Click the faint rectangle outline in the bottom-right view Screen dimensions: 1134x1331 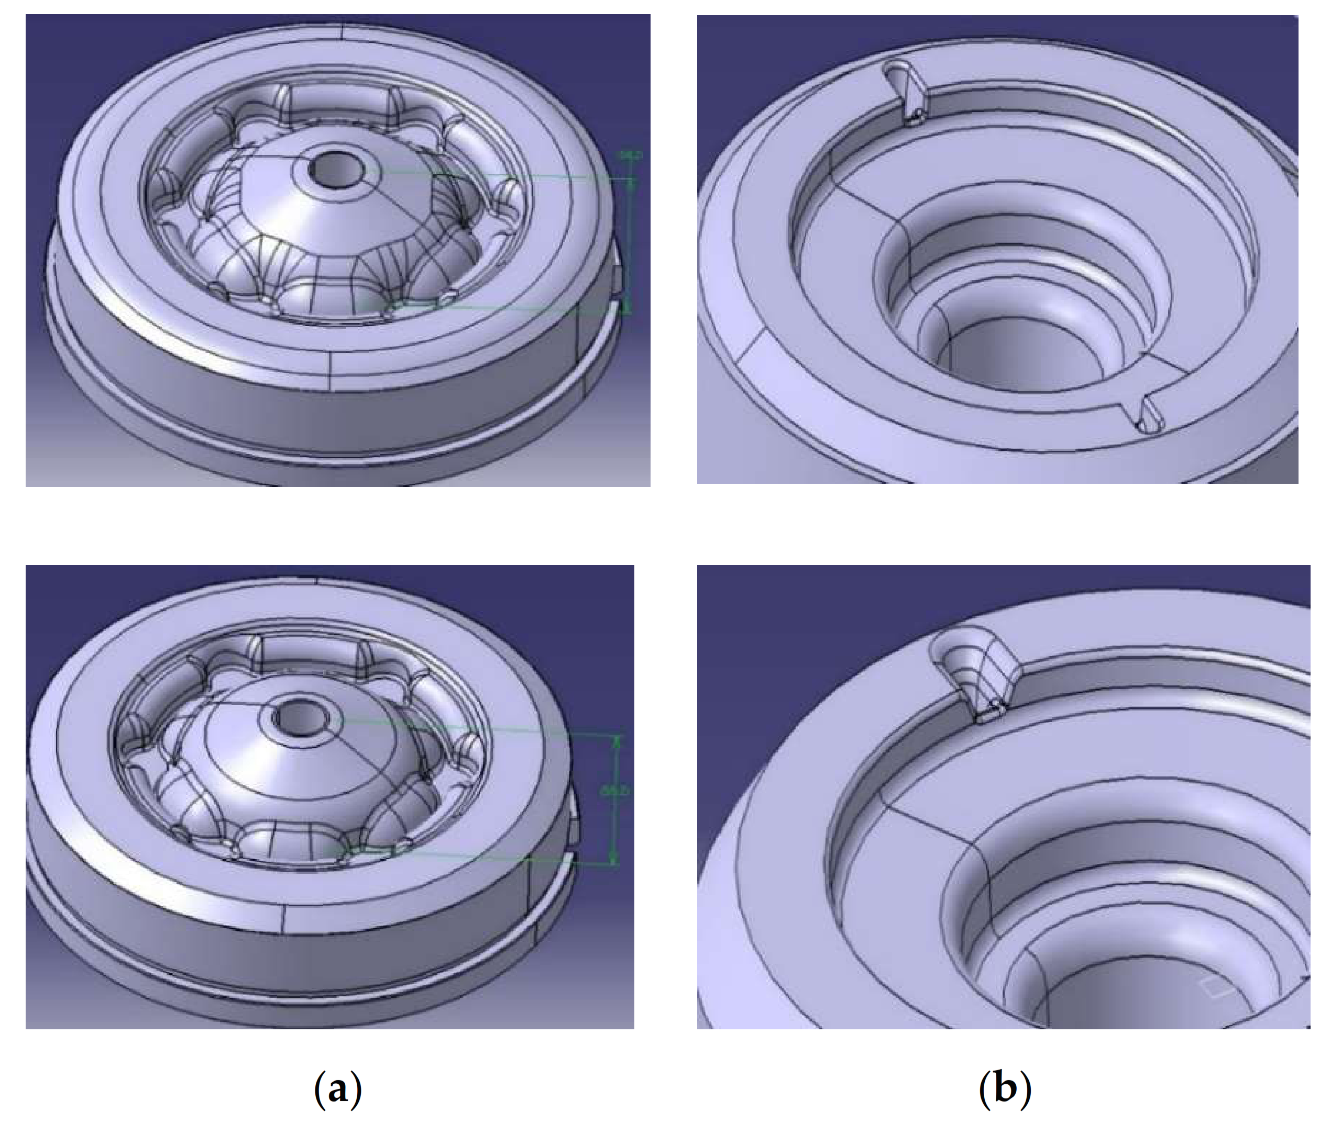click(x=1216, y=990)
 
